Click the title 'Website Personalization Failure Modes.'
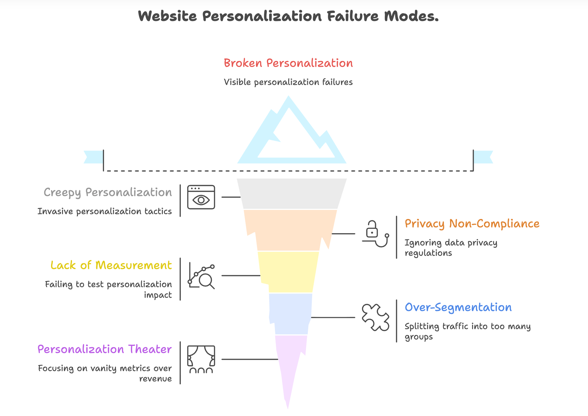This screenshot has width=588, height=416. (288, 16)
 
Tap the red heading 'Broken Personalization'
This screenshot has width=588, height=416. (288, 63)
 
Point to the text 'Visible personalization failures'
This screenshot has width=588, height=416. (288, 82)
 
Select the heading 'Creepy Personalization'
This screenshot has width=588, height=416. (108, 192)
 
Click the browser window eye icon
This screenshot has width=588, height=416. (201, 197)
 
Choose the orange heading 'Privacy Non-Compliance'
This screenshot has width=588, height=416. (472, 224)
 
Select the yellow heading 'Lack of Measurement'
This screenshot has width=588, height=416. (111, 265)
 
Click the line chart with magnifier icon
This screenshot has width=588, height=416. (201, 276)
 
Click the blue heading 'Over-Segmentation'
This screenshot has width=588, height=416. (458, 307)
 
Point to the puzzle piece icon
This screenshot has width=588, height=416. (375, 317)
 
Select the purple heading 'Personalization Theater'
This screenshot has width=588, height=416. (104, 349)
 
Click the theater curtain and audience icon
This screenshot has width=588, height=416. (201, 359)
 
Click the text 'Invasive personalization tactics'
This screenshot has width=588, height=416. (104, 212)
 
